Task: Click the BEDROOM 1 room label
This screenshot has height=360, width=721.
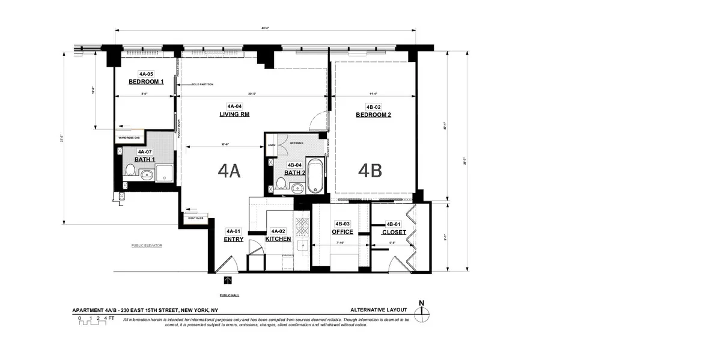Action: (x=146, y=82)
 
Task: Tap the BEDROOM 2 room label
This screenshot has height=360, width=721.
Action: (x=373, y=115)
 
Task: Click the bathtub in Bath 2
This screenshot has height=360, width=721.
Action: (x=315, y=175)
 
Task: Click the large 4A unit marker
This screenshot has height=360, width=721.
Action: (x=229, y=171)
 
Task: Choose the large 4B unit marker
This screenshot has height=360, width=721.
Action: (x=370, y=171)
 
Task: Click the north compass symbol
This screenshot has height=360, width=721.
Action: (x=422, y=310)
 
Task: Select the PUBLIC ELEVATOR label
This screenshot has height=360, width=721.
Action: (x=147, y=246)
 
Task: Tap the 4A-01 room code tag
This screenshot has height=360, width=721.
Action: (x=233, y=231)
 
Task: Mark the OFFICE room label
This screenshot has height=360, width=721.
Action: (x=342, y=232)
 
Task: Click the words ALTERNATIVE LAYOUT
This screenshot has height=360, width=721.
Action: (x=379, y=310)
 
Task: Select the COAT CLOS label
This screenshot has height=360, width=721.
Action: (x=196, y=218)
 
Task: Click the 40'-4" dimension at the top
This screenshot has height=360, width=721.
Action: (x=265, y=28)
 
